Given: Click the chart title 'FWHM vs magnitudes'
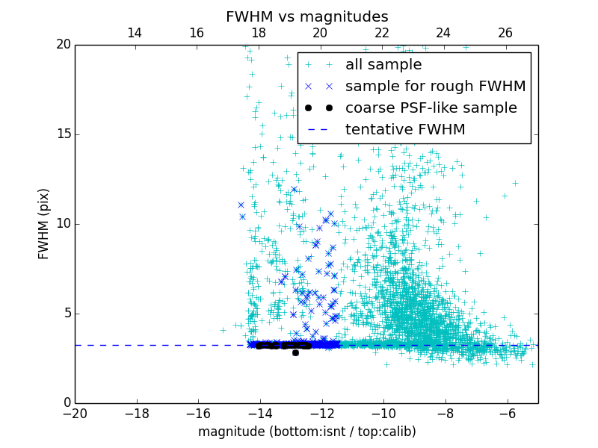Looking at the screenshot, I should pos(306,16).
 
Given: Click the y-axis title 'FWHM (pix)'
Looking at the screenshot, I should pos(44,224).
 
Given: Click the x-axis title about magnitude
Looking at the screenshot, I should pos(306,432).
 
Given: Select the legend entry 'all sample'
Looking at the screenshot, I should pos(383,65).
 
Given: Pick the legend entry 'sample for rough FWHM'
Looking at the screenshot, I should pos(435,87).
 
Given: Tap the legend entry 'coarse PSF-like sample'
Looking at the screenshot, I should pos(431,108).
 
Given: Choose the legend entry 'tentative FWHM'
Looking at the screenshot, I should pos(405,130).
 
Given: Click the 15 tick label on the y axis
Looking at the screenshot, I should pos(62,134).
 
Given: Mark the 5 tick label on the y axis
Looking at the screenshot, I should pos(66,314).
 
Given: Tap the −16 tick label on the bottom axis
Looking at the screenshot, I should pos(198,413).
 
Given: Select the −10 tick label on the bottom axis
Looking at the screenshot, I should pos(383,413).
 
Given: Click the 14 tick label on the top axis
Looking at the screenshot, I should pos(135,33).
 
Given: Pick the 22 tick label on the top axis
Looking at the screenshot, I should pos(382,33).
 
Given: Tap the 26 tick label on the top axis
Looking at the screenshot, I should pos(505,33).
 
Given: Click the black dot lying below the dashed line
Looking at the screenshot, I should pos(295,352).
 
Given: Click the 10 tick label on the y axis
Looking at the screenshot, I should pos(62,224).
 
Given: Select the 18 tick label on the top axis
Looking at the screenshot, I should pos(259,33).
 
